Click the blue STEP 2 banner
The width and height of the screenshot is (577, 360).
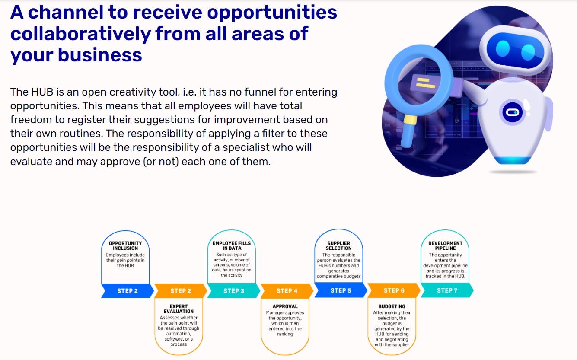click(128, 291)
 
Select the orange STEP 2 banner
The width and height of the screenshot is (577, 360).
click(181, 291)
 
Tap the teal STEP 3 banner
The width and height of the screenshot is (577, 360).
click(234, 291)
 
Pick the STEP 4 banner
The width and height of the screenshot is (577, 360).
click(287, 291)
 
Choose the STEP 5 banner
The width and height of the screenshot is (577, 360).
click(341, 290)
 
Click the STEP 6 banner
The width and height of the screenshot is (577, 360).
click(394, 290)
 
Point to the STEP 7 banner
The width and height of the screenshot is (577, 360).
click(447, 290)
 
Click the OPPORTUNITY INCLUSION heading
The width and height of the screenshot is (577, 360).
click(125, 245)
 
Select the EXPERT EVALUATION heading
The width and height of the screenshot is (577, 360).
click(179, 309)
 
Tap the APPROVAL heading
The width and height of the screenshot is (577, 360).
click(285, 306)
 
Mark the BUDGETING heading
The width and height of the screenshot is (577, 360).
click(392, 306)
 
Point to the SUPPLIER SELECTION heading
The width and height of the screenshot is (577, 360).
click(338, 245)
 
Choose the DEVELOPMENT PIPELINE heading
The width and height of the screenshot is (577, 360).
click(445, 245)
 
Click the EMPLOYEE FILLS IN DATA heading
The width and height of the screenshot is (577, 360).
click(232, 245)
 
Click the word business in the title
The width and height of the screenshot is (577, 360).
click(100, 55)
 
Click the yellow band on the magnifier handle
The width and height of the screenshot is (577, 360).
click(410, 120)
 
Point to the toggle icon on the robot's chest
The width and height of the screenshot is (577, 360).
click(512, 112)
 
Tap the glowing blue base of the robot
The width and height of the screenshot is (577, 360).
click(512, 160)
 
